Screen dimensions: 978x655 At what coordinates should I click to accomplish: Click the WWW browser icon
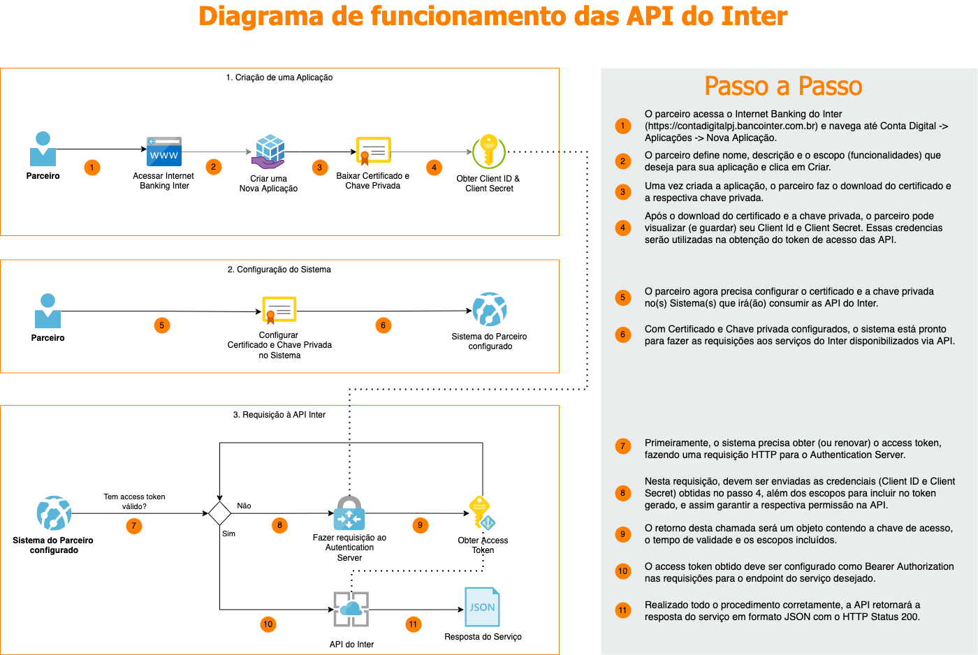(163, 152)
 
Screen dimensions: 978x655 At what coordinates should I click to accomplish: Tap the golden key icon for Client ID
(489, 151)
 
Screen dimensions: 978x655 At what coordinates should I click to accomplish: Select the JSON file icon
(482, 607)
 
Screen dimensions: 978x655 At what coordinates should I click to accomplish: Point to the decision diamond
(219, 513)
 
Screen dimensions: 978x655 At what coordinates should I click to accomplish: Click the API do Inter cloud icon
(351, 609)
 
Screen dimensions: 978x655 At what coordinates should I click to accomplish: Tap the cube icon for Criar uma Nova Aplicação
(268, 152)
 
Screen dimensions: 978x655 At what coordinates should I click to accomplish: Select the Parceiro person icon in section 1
(43, 148)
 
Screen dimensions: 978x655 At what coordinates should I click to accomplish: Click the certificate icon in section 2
(279, 310)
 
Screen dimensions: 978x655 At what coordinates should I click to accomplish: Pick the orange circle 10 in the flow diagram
(268, 624)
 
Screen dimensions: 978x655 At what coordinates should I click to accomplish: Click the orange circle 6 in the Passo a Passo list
(623, 334)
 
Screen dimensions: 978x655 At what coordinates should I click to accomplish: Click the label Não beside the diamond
(244, 506)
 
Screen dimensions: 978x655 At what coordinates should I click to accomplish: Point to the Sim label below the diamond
(228, 533)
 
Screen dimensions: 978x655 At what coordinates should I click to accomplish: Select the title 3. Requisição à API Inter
(279, 415)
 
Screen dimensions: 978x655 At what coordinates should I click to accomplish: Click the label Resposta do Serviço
(483, 637)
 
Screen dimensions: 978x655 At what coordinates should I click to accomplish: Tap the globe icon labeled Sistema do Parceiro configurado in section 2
(490, 309)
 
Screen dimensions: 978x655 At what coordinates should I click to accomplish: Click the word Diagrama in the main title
(261, 17)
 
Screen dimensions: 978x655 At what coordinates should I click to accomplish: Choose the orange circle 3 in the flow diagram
(320, 167)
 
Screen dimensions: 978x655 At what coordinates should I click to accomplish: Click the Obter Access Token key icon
(481, 513)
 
